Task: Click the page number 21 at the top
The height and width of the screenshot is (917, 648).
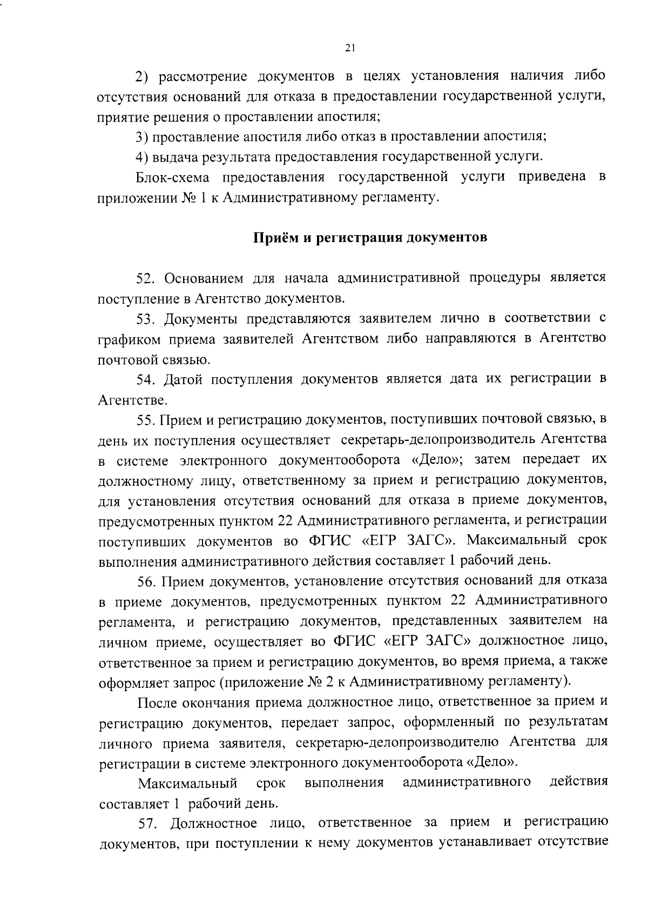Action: pyautogui.click(x=349, y=48)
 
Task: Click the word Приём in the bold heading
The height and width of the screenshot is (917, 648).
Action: pyautogui.click(x=275, y=238)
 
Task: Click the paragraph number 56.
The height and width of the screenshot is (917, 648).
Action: pyautogui.click(x=147, y=581)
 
